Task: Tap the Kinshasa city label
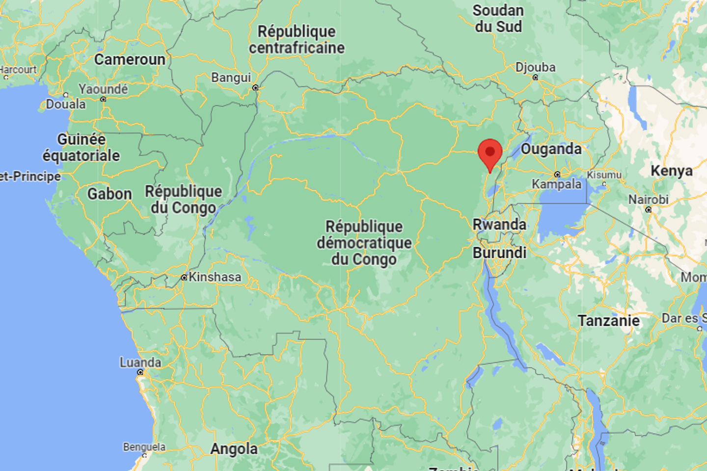click(x=215, y=277)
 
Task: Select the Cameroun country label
click(x=130, y=60)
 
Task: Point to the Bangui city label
click(x=231, y=78)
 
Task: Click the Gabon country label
click(x=109, y=194)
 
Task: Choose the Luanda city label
click(x=140, y=363)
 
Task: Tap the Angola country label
click(x=234, y=449)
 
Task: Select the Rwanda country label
click(x=499, y=225)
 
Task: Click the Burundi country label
click(x=499, y=253)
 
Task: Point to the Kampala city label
click(x=556, y=184)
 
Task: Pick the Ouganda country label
click(x=551, y=149)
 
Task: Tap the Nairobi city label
click(x=648, y=200)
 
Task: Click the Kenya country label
click(x=671, y=171)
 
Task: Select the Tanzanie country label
click(x=608, y=321)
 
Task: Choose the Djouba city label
click(x=535, y=67)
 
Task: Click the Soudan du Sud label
click(x=498, y=19)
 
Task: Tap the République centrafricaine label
click(x=297, y=40)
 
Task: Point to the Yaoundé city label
click(x=103, y=89)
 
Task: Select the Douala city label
click(x=66, y=104)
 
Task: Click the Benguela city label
click(x=144, y=447)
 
